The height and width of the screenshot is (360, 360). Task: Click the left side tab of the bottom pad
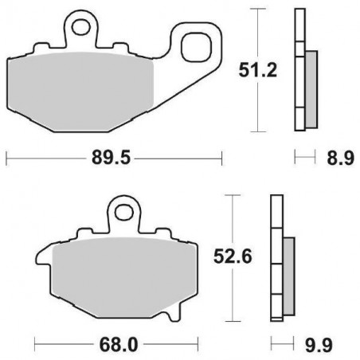point(41,259)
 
